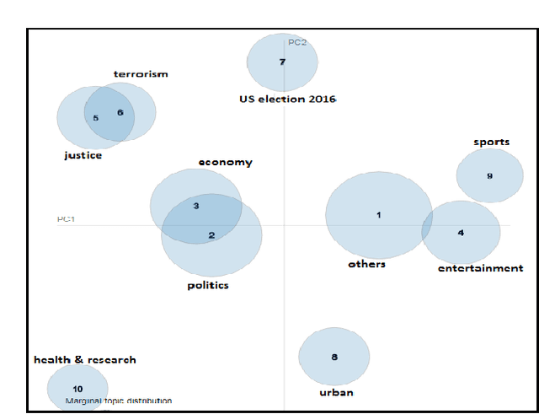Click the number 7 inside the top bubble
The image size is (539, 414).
[282, 62]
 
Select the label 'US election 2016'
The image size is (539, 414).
[287, 99]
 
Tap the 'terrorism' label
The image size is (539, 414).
[141, 74]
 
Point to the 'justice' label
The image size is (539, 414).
[83, 155]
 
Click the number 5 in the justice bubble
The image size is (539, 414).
[96, 118]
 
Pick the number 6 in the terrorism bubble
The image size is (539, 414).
[120, 113]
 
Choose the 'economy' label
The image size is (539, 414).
[225, 163]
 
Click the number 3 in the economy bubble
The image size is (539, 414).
[195, 206]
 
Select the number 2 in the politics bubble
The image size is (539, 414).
[211, 235]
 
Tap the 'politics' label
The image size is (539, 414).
[208, 286]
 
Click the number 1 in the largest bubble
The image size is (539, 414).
[379, 215]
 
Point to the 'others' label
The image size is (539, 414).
[366, 264]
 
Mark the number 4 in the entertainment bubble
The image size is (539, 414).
[461, 233]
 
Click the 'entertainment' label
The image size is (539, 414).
[481, 268]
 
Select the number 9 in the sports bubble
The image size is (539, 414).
[489, 176]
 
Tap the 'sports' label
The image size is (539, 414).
[491, 142]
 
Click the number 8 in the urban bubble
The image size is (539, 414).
[334, 358]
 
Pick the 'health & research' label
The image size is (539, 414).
[84, 360]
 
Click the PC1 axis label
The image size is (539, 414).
[67, 220]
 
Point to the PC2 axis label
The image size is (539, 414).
[297, 42]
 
